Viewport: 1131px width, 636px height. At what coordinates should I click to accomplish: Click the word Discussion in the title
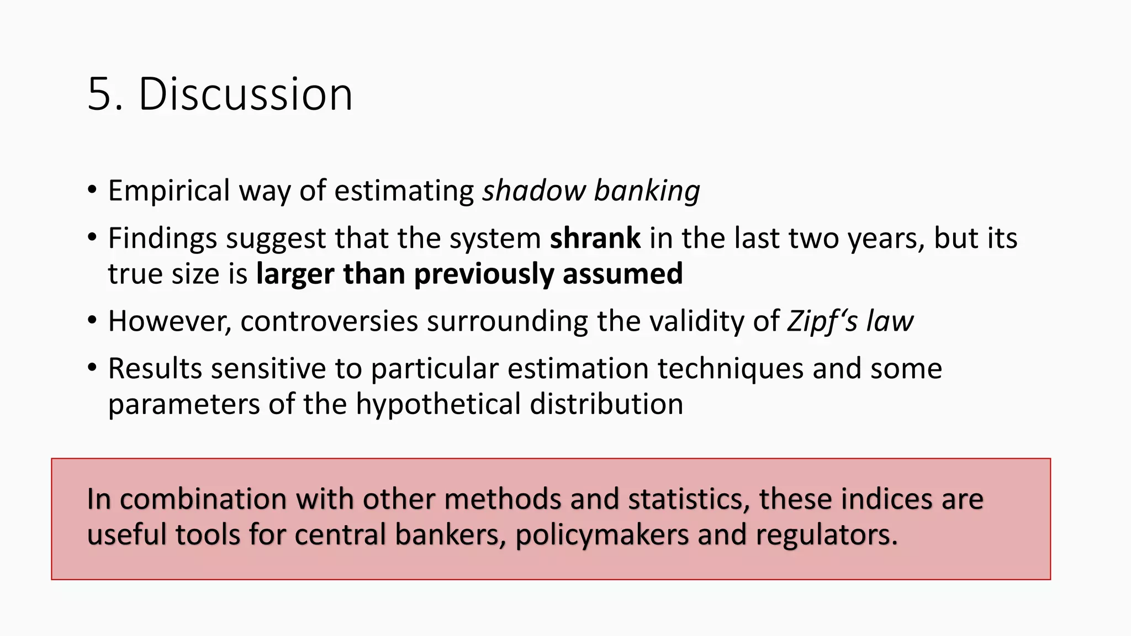point(245,95)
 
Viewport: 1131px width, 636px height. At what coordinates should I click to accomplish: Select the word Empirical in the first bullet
point(168,191)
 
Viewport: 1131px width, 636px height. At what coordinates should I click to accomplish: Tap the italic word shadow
point(533,191)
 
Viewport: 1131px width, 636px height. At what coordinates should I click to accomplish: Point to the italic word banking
point(647,191)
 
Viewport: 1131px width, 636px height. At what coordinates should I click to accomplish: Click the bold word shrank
point(595,239)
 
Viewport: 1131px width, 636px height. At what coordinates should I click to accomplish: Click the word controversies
point(329,321)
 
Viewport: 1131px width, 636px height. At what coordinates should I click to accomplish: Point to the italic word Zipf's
point(822,321)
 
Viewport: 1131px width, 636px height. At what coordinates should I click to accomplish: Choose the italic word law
point(890,321)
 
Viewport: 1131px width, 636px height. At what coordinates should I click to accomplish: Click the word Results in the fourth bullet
point(155,369)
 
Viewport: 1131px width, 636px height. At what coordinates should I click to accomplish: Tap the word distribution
point(606,404)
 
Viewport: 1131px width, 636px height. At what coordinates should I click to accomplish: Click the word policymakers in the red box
point(602,535)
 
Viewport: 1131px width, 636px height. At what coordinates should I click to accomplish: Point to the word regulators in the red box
point(826,535)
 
